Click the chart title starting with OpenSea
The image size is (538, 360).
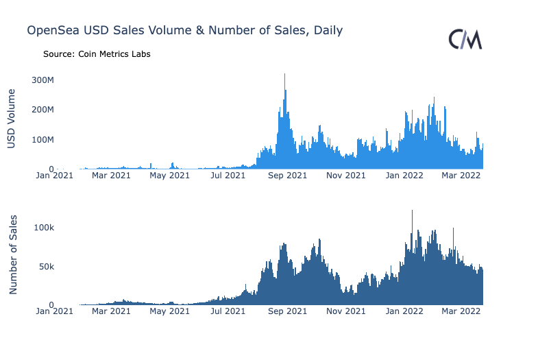184,31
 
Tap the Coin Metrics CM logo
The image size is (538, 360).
465,39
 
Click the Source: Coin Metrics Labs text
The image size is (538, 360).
97,54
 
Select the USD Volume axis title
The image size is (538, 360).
12,119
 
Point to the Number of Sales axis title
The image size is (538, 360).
13,254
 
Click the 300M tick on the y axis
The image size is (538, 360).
43,80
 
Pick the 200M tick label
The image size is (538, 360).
43,110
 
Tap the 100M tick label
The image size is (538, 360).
43,140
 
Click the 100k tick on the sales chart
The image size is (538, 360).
44,228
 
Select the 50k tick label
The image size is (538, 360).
47,267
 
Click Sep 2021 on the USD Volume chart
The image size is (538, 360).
287,176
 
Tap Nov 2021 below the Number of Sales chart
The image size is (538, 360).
346,311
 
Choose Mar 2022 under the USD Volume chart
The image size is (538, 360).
461,176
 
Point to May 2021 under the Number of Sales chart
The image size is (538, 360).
170,311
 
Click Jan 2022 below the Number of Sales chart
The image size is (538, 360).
404,311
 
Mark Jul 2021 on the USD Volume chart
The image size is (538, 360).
228,176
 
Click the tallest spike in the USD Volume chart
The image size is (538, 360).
284,74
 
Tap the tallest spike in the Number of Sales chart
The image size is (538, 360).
412,211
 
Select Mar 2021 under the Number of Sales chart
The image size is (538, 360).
111,311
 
